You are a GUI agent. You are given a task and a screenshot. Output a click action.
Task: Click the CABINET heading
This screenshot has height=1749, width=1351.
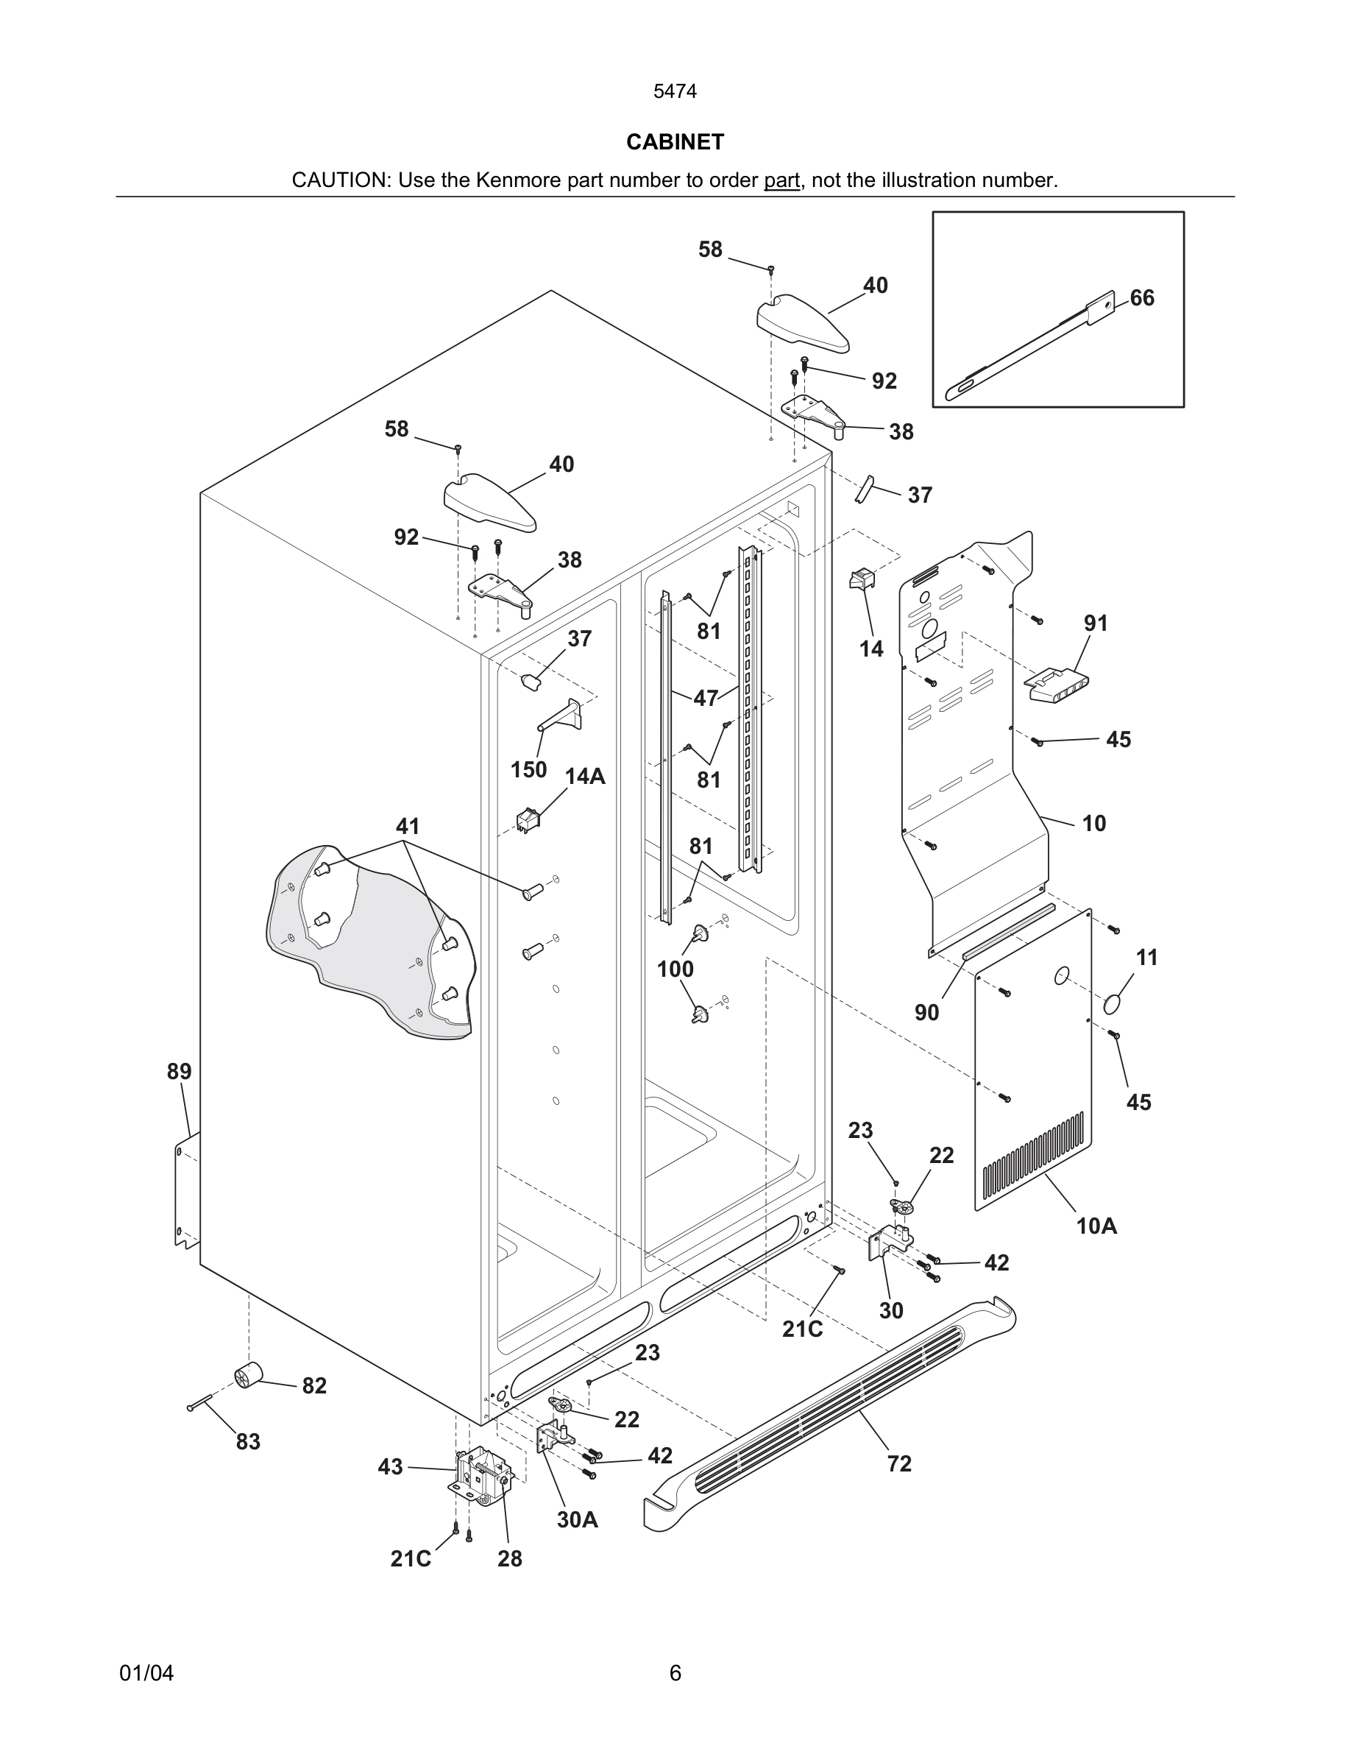(x=675, y=142)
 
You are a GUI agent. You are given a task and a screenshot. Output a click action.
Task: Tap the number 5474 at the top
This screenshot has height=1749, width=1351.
(x=675, y=91)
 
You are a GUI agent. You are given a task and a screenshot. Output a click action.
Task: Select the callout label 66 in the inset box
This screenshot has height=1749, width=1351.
(x=1142, y=298)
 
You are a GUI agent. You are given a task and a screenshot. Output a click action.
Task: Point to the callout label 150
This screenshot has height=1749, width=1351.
(x=528, y=769)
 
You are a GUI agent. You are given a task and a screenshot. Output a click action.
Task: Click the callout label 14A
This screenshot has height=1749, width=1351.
(x=585, y=776)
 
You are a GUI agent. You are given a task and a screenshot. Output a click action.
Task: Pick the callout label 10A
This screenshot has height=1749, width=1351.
(x=1096, y=1226)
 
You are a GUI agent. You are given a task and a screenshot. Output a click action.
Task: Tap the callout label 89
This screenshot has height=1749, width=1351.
(x=180, y=1072)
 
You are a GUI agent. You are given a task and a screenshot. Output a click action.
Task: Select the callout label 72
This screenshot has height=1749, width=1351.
(x=898, y=1463)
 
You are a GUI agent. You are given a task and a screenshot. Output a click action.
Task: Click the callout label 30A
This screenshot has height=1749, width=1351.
(x=577, y=1519)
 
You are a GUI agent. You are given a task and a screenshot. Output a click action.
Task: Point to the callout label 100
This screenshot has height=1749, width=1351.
(x=675, y=969)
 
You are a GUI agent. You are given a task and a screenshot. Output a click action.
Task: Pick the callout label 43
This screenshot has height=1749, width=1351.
(x=390, y=1467)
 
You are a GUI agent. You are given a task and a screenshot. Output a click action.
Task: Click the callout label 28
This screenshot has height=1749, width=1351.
(x=509, y=1558)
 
